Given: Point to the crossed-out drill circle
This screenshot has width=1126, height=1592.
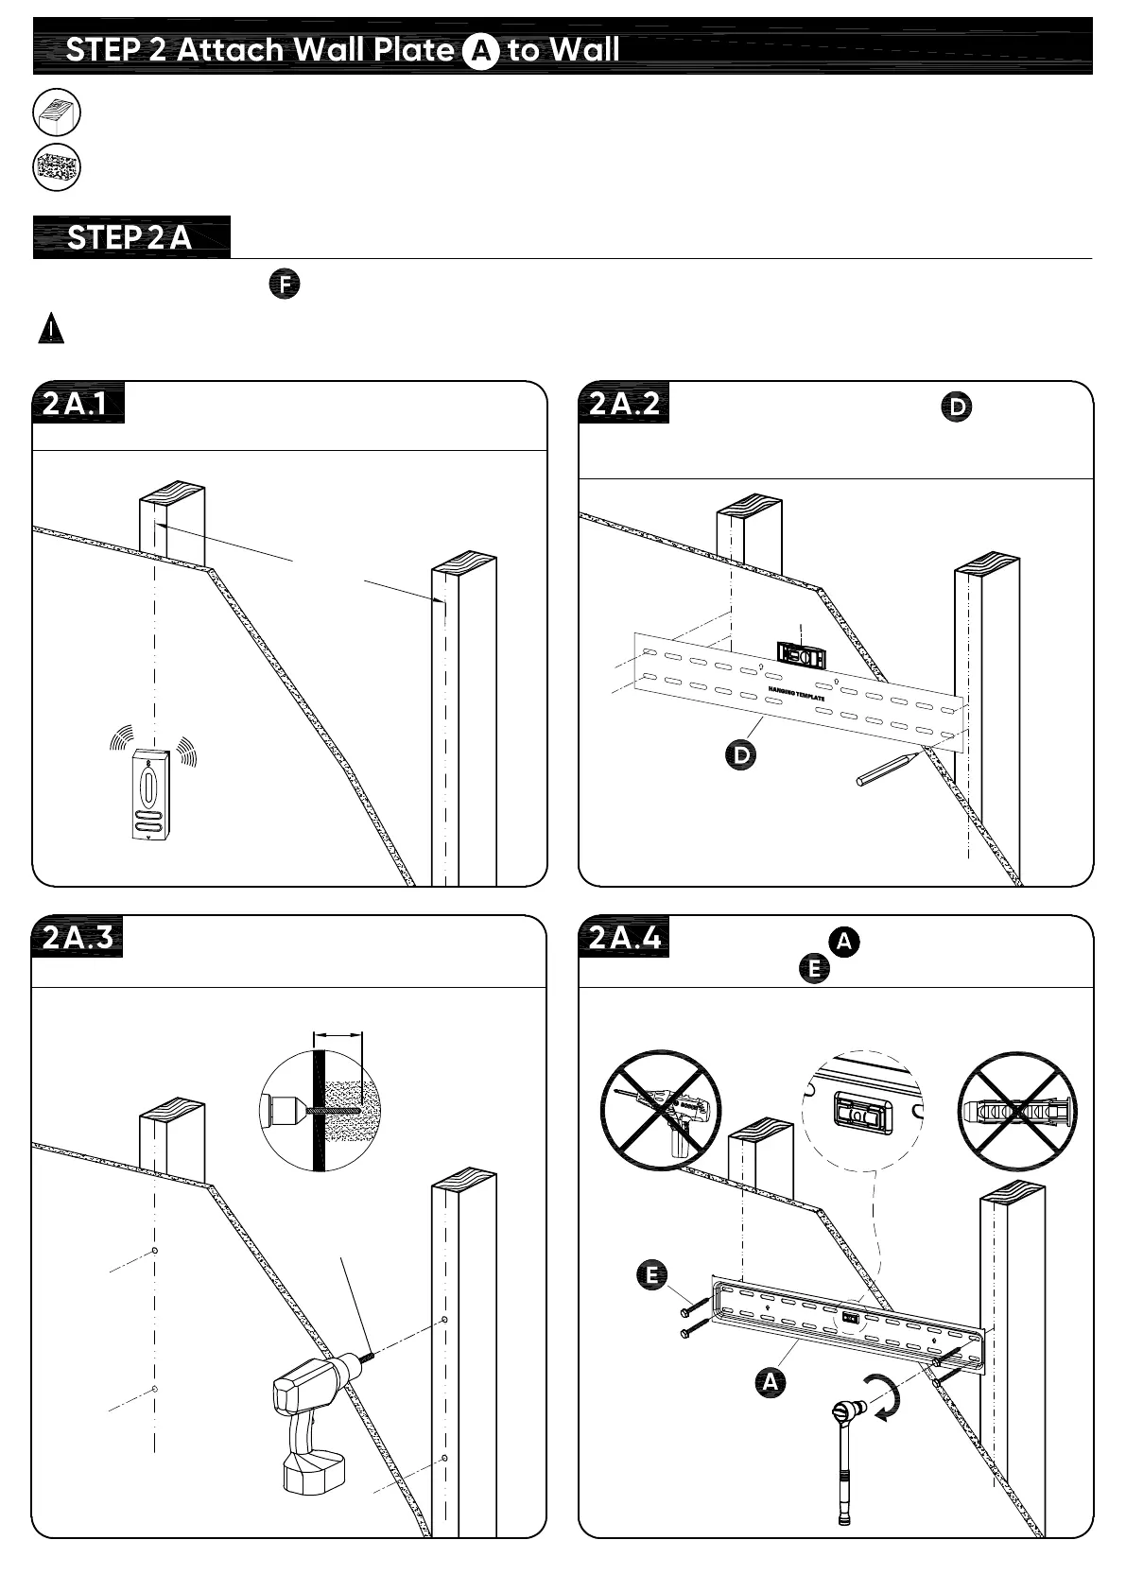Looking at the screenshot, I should coord(660,1109).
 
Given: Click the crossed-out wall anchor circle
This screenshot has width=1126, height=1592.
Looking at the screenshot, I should coord(1016,1109).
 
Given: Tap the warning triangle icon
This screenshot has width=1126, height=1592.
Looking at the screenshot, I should coord(51,329).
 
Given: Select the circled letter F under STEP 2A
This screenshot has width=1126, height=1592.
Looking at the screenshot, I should coord(284,285).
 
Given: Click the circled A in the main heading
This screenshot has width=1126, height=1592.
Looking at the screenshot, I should coord(480,52).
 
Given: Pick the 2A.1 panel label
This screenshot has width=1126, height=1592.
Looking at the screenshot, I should coord(78,404).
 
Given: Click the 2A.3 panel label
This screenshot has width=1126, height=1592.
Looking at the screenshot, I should coord(78,937).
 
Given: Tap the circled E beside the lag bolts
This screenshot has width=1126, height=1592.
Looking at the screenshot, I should coord(650,1274).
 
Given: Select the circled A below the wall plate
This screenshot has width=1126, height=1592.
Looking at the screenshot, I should coord(771,1381).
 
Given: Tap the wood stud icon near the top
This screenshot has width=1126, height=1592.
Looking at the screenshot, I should coord(57,113).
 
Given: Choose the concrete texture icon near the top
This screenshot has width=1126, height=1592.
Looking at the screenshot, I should coord(57,168).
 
